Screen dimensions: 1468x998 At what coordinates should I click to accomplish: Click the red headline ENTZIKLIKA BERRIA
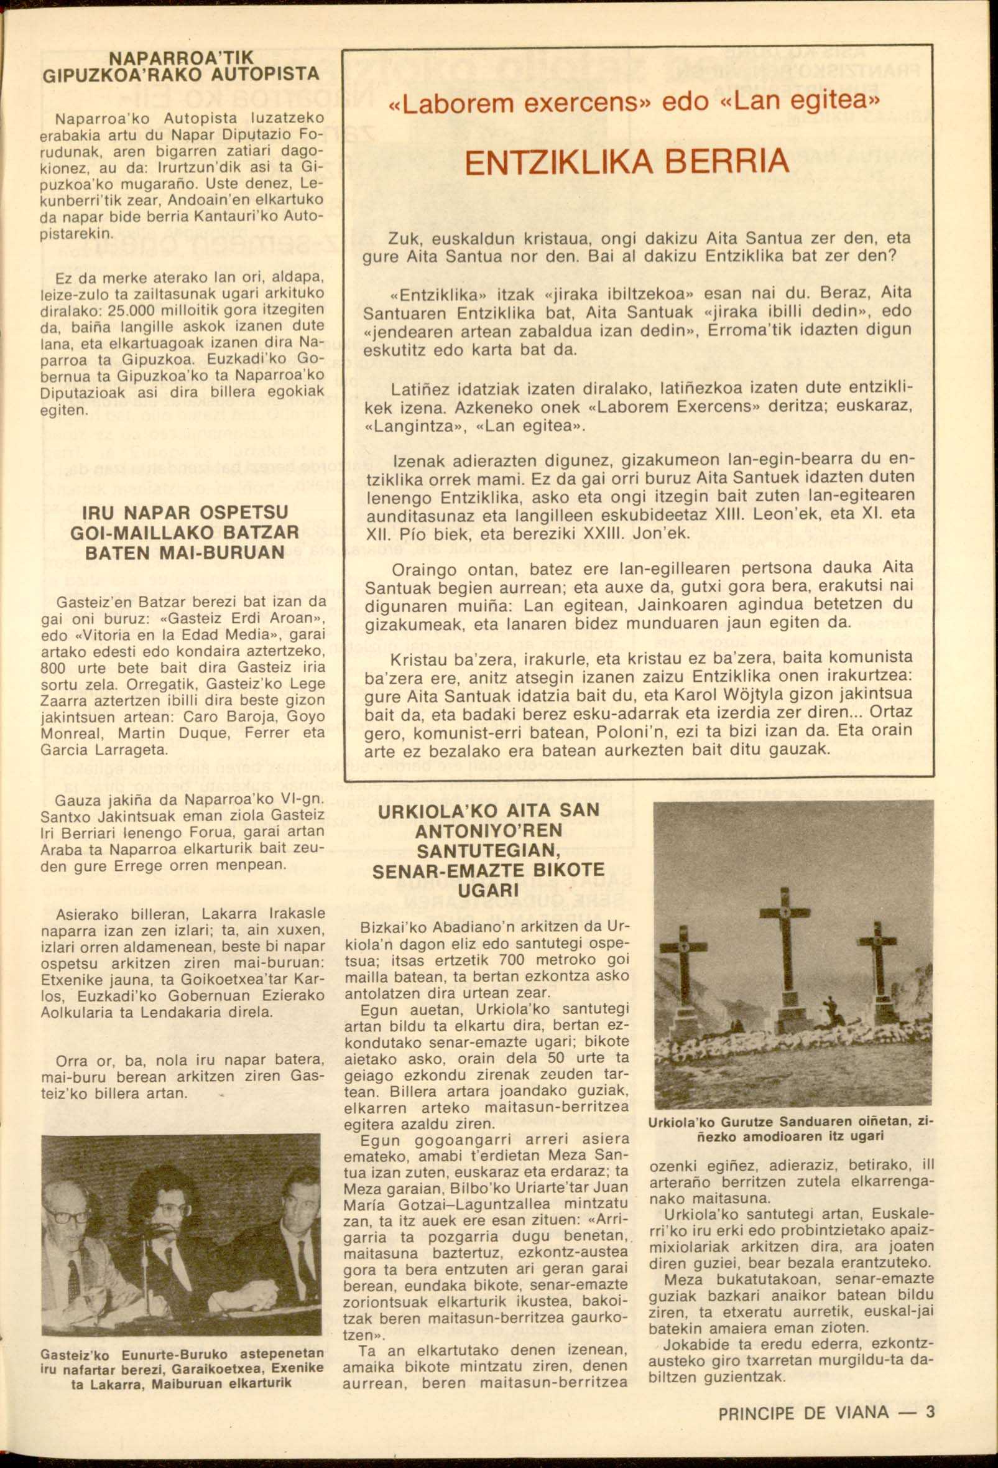pos(626,162)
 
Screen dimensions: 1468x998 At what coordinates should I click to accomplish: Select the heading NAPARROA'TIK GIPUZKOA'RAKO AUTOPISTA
pos(180,67)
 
